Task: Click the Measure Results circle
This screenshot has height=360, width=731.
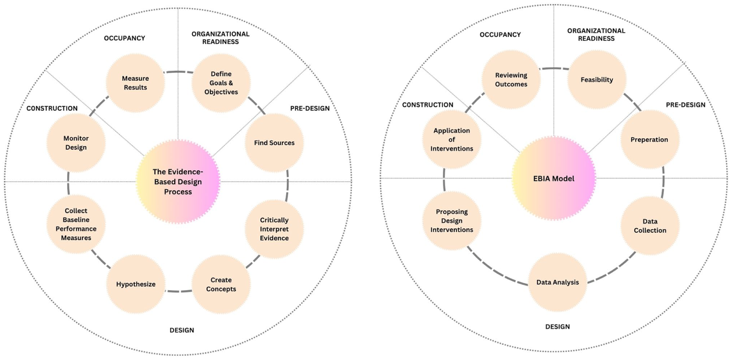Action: (x=136, y=83)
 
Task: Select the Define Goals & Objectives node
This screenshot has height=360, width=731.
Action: (x=221, y=83)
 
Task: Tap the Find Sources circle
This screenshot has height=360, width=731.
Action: (x=274, y=143)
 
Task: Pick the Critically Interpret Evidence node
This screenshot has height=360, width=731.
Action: (x=274, y=229)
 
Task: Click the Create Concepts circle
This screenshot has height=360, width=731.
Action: (x=221, y=284)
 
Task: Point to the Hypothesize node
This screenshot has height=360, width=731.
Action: (x=136, y=284)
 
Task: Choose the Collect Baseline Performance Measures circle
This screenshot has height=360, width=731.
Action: (x=76, y=224)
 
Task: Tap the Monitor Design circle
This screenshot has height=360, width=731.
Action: (x=76, y=143)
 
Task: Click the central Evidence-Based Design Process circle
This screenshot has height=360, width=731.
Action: (x=178, y=182)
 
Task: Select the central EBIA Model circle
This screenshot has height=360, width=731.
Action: (x=554, y=178)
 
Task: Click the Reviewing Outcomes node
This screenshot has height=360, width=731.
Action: (x=511, y=80)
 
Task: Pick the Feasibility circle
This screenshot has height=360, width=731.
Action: (x=597, y=80)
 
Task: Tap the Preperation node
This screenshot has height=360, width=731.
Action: (x=650, y=140)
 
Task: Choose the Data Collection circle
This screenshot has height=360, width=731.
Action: (x=650, y=226)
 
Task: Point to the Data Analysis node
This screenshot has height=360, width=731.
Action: (x=558, y=282)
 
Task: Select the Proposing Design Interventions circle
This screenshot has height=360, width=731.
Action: (x=452, y=221)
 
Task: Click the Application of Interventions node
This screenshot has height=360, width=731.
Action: (x=452, y=140)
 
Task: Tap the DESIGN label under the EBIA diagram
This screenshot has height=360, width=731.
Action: (x=557, y=327)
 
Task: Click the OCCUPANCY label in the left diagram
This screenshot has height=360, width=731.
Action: (x=125, y=38)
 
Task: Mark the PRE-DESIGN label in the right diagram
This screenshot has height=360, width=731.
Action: (x=686, y=105)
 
